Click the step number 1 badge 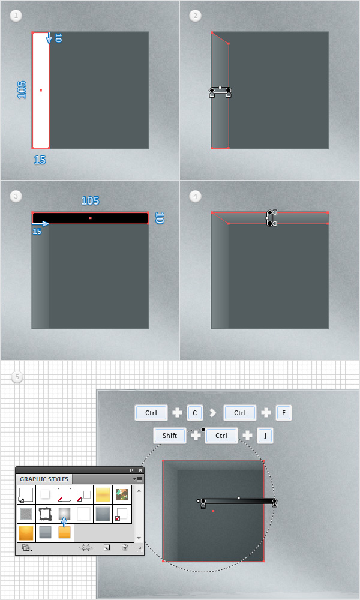coord(16,16)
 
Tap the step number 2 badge coord(196,16)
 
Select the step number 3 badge coord(16,196)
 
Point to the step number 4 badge coord(196,196)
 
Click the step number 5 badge coord(17,377)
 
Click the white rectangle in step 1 coord(41,91)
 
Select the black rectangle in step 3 coord(90,218)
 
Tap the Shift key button coord(170,436)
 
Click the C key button coord(195,413)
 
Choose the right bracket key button coord(265,436)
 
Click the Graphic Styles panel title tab coord(44,479)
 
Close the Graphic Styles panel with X coord(140,470)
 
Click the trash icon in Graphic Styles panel coord(125,548)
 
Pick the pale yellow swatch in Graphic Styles coord(103,494)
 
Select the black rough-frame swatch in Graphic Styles coord(45,514)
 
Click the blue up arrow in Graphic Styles coord(64,522)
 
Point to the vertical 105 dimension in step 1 coord(22,90)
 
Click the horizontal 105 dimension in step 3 coord(90,200)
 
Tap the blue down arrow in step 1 coord(49,38)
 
